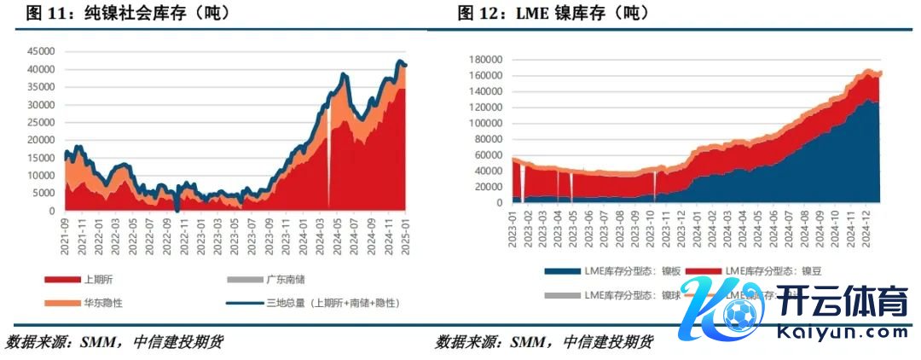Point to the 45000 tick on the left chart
(43, 51)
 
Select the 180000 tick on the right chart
(485, 60)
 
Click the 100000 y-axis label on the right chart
(485, 124)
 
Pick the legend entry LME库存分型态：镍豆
(779, 271)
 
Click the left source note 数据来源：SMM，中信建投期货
(114, 342)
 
